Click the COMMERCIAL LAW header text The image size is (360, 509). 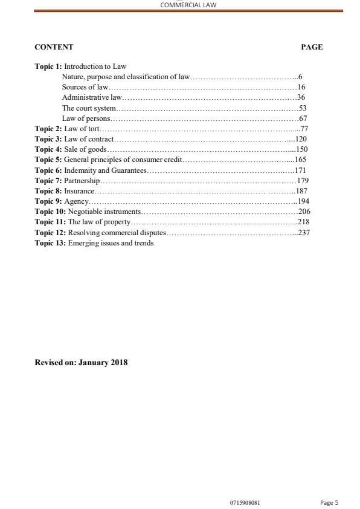188,4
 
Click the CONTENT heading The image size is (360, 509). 54,47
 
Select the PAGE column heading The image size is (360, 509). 312,47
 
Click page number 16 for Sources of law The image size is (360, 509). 301,87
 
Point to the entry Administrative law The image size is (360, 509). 92,97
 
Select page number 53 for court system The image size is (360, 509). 303,108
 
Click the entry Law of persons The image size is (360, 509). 86,118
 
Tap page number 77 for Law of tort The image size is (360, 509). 304,129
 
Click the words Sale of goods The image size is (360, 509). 86,149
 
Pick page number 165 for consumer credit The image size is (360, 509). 301,160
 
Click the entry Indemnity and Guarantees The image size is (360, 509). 106,170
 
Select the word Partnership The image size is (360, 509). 82,181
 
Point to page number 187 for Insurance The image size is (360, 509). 302,191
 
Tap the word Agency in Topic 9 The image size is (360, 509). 76,201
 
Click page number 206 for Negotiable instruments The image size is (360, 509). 304,212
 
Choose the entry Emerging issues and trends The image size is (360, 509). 111,243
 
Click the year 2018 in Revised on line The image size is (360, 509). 118,363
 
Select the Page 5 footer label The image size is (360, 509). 329,502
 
